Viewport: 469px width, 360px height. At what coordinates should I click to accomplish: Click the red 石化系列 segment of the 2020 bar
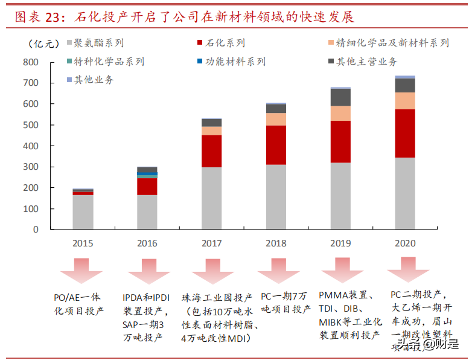pos(405,133)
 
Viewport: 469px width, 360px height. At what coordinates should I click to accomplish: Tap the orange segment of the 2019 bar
pos(340,114)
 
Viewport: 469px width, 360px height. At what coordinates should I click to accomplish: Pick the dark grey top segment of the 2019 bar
pos(340,97)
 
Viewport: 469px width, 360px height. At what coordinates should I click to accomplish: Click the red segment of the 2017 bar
pos(211,151)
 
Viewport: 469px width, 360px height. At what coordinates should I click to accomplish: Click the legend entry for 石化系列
pos(220,43)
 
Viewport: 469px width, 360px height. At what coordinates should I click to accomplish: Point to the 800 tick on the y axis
pos(30,62)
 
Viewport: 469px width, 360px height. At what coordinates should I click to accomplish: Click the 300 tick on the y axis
pos(30,167)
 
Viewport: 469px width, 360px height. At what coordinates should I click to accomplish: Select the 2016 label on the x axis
pos(147,243)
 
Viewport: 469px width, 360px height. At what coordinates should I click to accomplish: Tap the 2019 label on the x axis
pos(340,243)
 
